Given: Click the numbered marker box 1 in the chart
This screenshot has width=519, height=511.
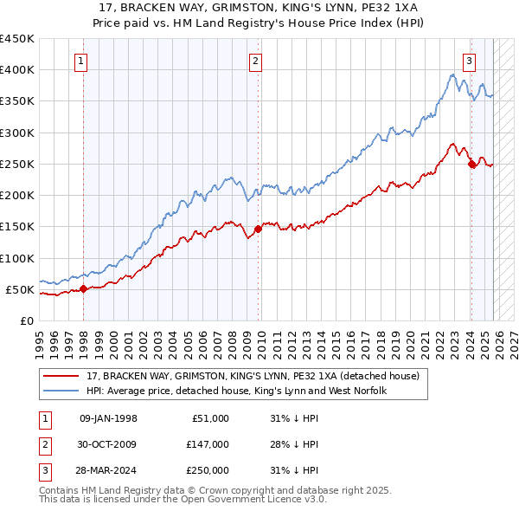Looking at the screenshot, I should pyautogui.click(x=80, y=61).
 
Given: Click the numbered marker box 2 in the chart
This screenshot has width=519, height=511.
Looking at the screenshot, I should pyautogui.click(x=256, y=61).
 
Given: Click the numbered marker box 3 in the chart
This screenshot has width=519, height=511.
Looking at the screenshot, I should pyautogui.click(x=469, y=61).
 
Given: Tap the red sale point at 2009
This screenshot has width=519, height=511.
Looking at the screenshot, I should pyautogui.click(x=259, y=230).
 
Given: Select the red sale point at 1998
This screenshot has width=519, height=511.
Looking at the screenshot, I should pyautogui.click(x=84, y=289).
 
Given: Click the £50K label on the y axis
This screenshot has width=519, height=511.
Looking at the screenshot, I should pyautogui.click(x=20, y=289).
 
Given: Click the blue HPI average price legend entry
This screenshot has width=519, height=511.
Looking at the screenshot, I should pyautogui.click(x=235, y=391).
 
